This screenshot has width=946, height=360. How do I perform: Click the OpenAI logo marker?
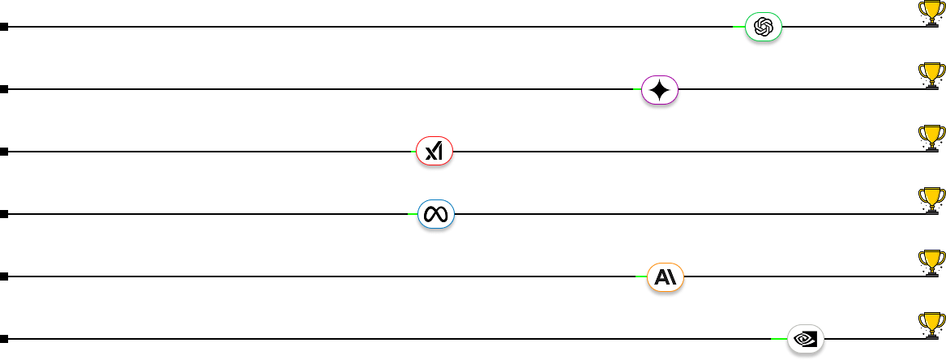click(764, 28)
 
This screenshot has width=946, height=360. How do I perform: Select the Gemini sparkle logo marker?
click(659, 90)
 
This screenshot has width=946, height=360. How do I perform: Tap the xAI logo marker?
click(434, 152)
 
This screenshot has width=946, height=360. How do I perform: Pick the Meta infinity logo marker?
click(436, 214)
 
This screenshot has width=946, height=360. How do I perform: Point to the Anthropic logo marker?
click(666, 276)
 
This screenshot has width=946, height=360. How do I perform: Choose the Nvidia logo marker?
click(806, 338)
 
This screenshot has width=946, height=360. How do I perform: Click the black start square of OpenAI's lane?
click(4, 27)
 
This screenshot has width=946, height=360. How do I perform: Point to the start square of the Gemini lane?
click(4, 89)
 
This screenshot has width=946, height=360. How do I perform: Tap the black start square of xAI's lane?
click(4, 152)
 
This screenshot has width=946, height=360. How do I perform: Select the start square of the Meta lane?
click(4, 214)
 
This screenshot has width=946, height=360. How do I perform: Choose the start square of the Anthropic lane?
click(4, 276)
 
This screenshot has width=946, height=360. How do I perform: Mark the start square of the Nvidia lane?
click(4, 339)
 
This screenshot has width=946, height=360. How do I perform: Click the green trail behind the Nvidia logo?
click(778, 339)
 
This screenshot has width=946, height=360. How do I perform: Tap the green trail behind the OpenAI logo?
click(738, 27)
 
